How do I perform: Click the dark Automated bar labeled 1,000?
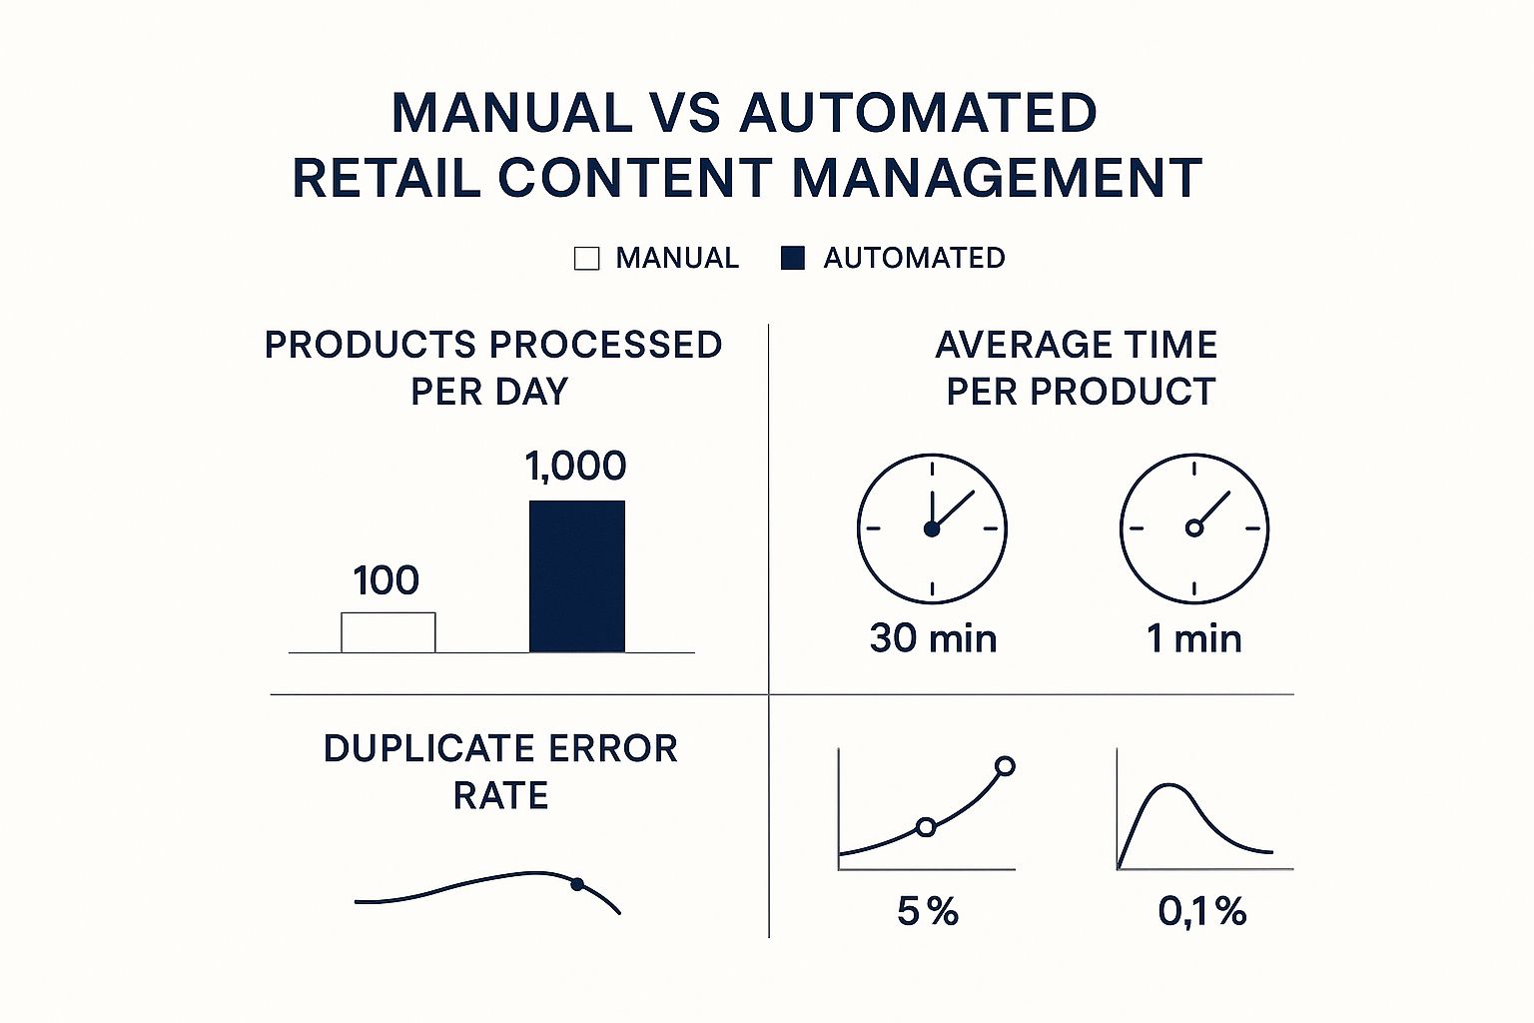[x=576, y=576]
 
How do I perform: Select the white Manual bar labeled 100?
[x=388, y=632]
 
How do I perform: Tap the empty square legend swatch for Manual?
[x=587, y=259]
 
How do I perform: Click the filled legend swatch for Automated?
[x=793, y=258]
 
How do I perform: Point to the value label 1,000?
[x=575, y=466]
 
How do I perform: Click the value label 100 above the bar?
[x=386, y=580]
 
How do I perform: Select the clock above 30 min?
[x=932, y=528]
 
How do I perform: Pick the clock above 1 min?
[x=1194, y=528]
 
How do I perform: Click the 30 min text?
[x=933, y=638]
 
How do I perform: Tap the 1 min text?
[x=1194, y=638]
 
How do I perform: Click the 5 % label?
[x=928, y=911]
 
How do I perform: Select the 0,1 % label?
[x=1202, y=911]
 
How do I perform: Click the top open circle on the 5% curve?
[x=1006, y=766]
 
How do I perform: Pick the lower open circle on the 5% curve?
[x=926, y=827]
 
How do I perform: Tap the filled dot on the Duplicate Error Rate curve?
[x=577, y=883]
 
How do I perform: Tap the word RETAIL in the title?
[x=385, y=178]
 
